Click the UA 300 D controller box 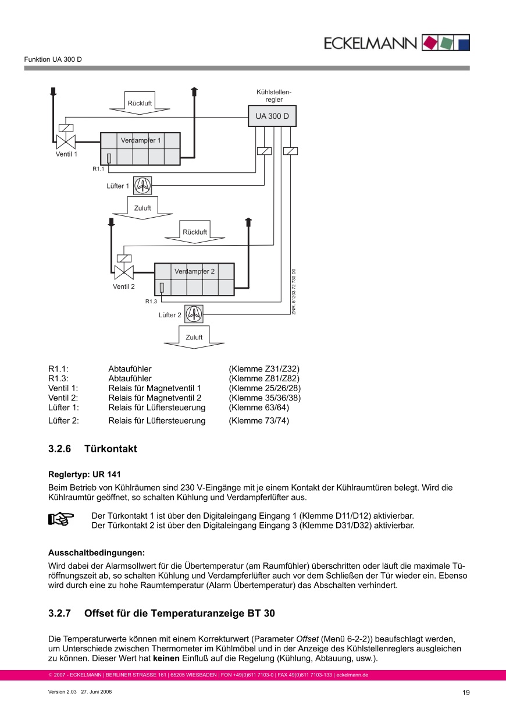[x=272, y=116]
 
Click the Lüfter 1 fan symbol [x=142, y=186]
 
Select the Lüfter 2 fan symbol [x=194, y=314]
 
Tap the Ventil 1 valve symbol [x=66, y=141]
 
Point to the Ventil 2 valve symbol [x=123, y=271]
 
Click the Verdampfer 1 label [x=141, y=140]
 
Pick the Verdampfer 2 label [x=194, y=271]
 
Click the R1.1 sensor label [x=98, y=169]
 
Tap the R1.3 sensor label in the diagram [x=151, y=302]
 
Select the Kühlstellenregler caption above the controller [x=274, y=96]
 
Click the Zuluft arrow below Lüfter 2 [x=194, y=337]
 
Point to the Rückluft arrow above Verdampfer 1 [x=140, y=103]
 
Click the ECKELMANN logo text [x=370, y=44]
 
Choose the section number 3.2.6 [x=59, y=449]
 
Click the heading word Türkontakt [x=111, y=449]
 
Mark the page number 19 [x=466, y=692]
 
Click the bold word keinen [x=166, y=658]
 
